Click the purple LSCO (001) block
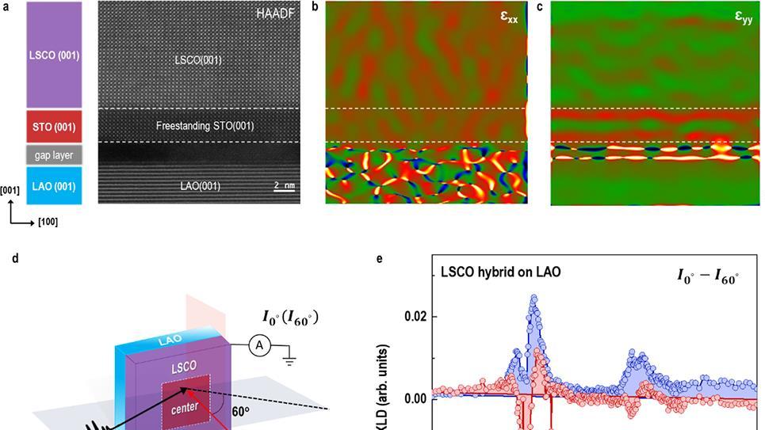[x=54, y=55]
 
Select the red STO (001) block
[x=54, y=126]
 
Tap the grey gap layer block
[x=54, y=155]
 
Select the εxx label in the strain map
[x=509, y=16]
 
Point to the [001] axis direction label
[x=10, y=190]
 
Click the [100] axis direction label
[x=48, y=223]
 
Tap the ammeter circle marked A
[x=255, y=344]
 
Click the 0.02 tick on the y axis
[x=416, y=316]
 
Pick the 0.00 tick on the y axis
[x=416, y=398]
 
